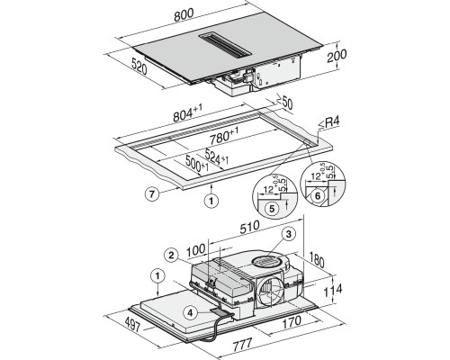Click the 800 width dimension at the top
[x=184, y=15]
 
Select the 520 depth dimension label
[x=139, y=67]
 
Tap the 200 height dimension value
[x=337, y=55]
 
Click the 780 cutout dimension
[x=224, y=136]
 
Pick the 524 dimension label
[x=217, y=156]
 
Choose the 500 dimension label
[x=197, y=165]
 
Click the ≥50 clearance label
[x=284, y=103]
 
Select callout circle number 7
[x=152, y=194]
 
